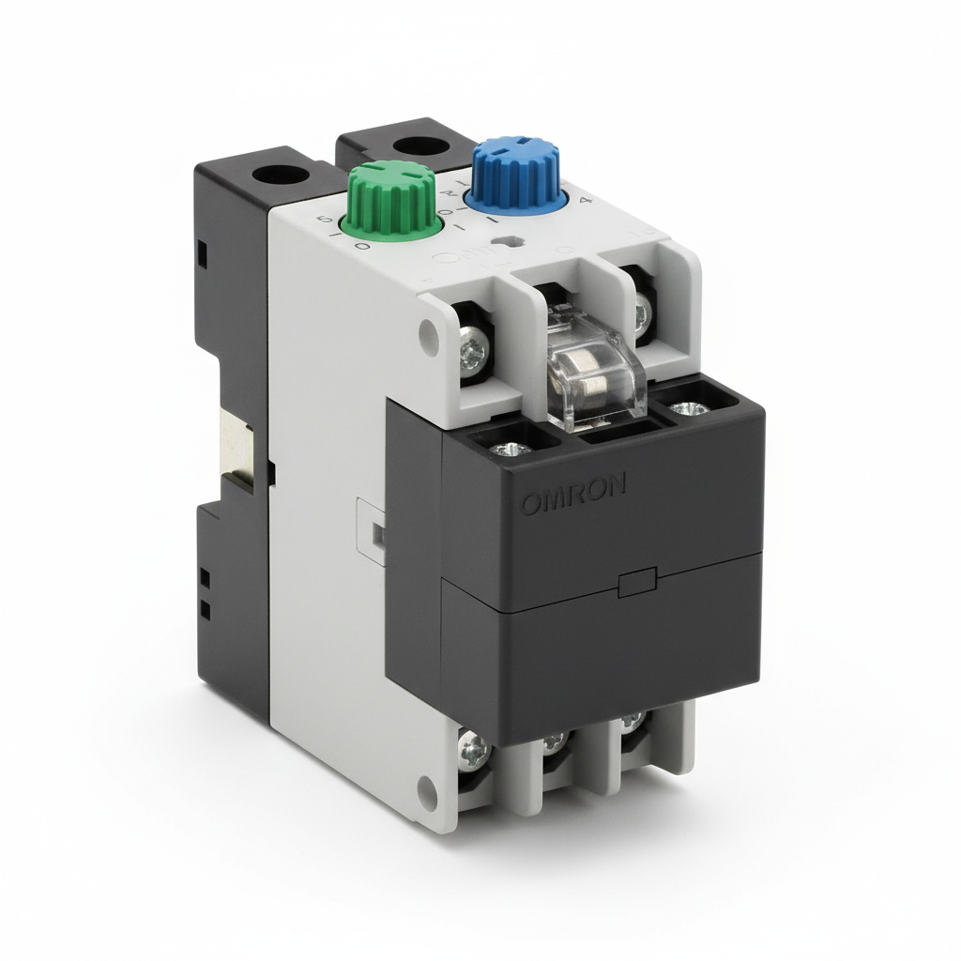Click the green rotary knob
coord(389,198)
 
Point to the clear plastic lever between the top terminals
coord(595,368)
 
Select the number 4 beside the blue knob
coord(587,200)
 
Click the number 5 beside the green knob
coord(326,221)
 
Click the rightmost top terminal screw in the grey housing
coord(641,312)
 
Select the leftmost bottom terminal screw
coord(474,749)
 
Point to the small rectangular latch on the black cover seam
coord(638,582)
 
